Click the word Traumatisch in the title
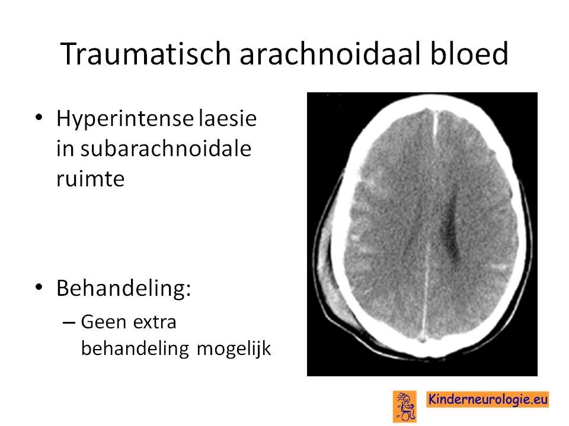146,54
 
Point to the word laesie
228,118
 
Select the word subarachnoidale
166,149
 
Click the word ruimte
90,178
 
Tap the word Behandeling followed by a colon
123,288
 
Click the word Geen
104,322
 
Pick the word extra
155,322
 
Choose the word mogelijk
234,349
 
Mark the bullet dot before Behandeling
39,287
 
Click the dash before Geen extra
69,322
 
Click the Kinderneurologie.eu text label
487,399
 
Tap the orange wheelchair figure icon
405,406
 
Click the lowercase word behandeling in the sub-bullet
135,349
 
